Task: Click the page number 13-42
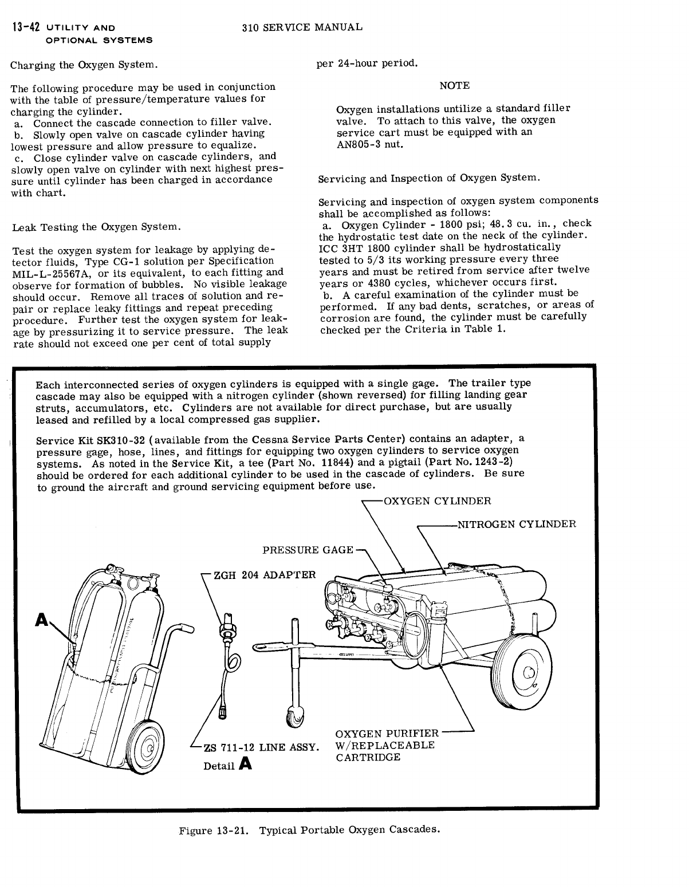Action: pos(25,27)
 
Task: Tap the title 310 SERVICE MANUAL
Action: pos(302,27)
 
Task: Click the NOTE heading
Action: pos(454,85)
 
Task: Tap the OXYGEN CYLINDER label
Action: pos(437,501)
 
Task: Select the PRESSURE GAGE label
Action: pos(308,550)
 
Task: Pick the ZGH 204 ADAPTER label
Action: pos(264,574)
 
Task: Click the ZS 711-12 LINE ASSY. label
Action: pos(261,747)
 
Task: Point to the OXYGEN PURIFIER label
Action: pos(387,734)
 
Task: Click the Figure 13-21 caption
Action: pos(309,830)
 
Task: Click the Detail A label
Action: pos(227,764)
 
